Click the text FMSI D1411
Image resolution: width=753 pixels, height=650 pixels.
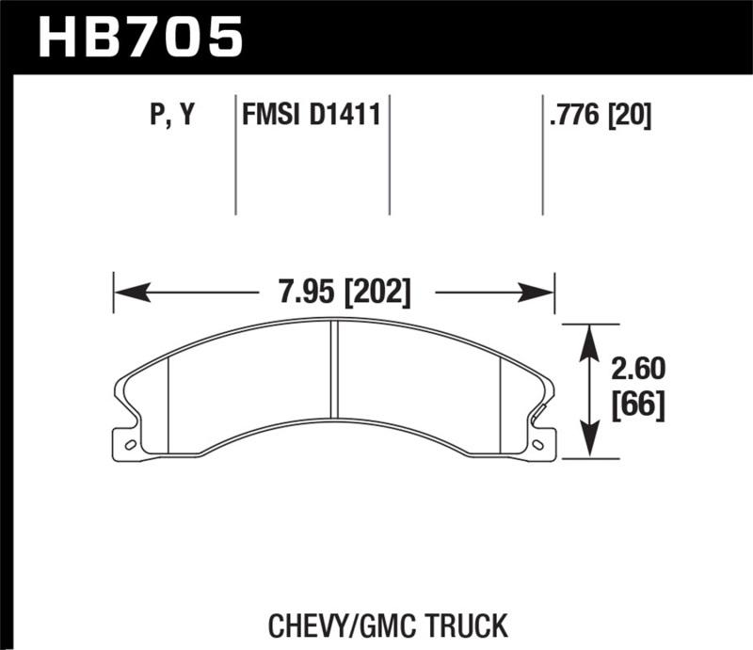click(x=311, y=116)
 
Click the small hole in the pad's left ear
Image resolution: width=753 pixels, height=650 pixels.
click(x=130, y=444)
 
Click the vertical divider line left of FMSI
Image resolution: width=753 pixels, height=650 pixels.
click(x=234, y=155)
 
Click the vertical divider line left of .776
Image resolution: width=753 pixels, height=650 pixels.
click(x=543, y=155)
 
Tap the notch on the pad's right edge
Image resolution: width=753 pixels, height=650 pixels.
click(x=539, y=415)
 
